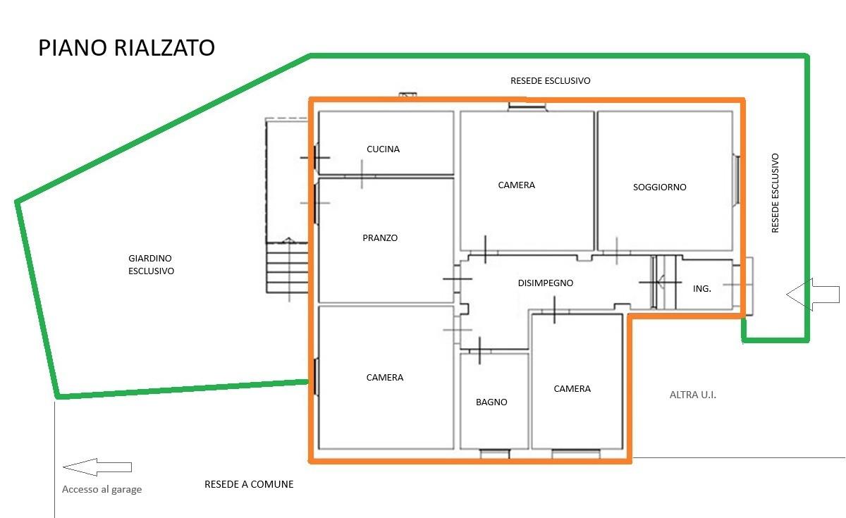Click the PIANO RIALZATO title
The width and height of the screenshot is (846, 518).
126,48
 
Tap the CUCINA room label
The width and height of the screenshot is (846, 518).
383,149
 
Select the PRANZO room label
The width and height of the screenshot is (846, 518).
380,238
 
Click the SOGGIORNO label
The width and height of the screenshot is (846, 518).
659,187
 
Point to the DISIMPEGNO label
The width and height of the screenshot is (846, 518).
546,283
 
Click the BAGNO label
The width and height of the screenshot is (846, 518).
491,402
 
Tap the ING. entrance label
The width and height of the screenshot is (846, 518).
701,289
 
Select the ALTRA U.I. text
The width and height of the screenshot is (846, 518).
692,395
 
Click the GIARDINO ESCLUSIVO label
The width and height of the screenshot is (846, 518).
151,265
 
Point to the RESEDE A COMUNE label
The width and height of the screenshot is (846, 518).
249,484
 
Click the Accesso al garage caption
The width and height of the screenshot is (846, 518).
102,489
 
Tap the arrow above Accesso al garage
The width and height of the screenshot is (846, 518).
97,467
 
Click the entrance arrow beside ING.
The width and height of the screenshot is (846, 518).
813,295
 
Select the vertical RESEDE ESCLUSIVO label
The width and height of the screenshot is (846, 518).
775,193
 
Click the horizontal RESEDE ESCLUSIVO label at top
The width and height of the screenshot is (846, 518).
551,81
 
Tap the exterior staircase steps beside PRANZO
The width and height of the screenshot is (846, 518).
287,268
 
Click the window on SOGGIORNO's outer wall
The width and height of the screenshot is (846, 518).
736,180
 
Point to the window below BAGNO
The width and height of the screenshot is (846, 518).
495,453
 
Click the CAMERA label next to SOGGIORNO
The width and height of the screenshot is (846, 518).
516,185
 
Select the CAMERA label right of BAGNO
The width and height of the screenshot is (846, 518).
572,389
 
